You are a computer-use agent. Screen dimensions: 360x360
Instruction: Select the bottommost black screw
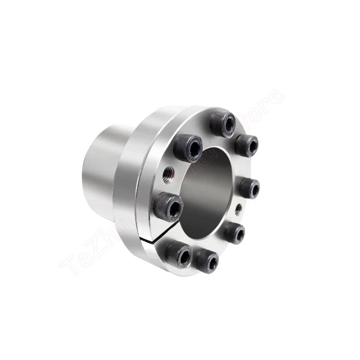point(207,261)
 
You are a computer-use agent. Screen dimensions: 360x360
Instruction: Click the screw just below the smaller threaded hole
point(234,233)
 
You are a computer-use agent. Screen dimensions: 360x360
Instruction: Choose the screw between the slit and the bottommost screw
point(180,254)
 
